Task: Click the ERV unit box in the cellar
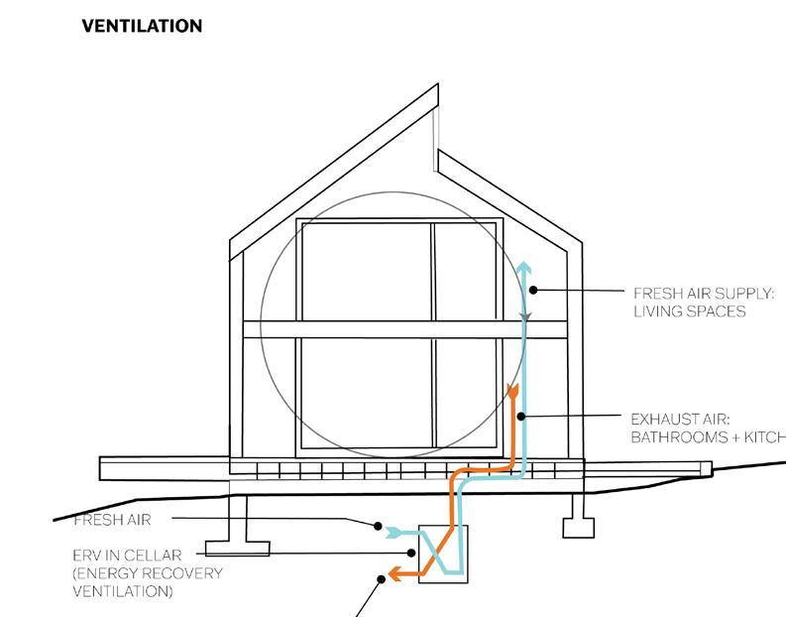pos(442,553)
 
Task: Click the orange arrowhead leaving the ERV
pos(393,572)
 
